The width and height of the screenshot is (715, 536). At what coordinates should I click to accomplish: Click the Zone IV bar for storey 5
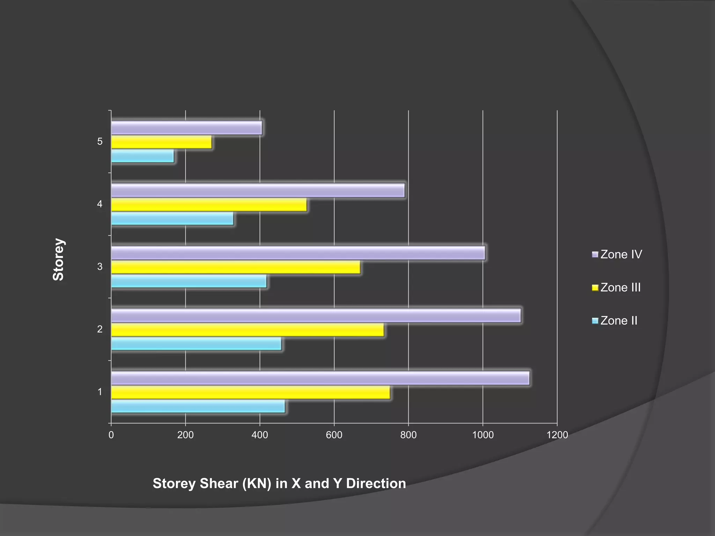(x=186, y=128)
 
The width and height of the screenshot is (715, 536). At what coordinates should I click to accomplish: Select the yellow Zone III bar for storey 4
(x=209, y=205)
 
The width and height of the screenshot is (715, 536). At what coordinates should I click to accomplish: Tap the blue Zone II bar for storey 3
(x=189, y=281)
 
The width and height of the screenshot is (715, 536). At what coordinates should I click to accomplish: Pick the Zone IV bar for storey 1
(x=320, y=378)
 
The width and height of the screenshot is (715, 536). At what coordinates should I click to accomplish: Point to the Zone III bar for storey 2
(x=247, y=330)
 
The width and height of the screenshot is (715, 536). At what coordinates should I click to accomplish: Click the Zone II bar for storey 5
(x=142, y=156)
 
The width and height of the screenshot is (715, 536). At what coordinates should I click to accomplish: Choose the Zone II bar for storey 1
(x=198, y=407)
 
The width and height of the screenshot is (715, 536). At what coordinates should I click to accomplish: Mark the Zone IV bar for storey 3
(x=298, y=253)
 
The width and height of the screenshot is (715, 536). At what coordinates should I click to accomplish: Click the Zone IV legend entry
(x=617, y=254)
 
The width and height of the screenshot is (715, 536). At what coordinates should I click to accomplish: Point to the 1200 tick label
(x=557, y=435)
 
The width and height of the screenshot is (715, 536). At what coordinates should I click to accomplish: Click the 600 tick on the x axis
(x=334, y=435)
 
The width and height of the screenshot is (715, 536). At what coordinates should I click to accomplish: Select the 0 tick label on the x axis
(x=111, y=435)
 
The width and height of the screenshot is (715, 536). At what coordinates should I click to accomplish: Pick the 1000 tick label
(x=483, y=435)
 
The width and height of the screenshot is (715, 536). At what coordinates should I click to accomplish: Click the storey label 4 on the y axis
(x=100, y=204)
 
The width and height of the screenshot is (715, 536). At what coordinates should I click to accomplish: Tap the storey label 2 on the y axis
(x=100, y=329)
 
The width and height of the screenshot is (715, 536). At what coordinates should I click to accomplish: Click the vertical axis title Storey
(x=58, y=260)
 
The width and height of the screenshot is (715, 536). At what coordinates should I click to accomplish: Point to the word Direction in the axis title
(x=376, y=484)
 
